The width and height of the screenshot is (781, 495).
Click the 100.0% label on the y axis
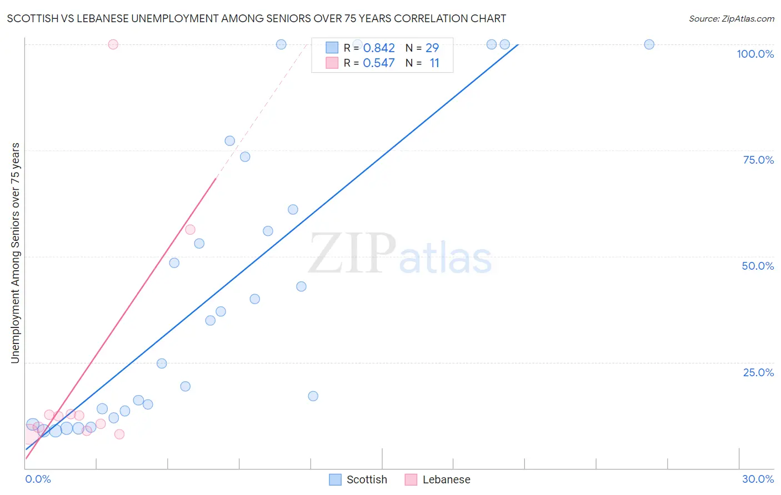point(755,54)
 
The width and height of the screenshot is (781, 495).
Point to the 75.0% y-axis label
point(758,160)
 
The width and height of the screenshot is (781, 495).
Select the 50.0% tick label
point(758,266)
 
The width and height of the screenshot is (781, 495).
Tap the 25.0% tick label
point(758,372)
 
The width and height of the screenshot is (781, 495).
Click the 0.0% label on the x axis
point(38,479)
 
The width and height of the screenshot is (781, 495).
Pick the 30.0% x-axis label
point(758,479)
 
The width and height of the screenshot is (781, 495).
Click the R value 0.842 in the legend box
point(379,48)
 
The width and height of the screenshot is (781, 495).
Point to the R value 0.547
point(379,63)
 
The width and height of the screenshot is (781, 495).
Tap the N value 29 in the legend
point(432,48)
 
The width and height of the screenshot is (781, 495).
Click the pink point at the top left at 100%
point(113,44)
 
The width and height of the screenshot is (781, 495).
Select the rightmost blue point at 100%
point(649,44)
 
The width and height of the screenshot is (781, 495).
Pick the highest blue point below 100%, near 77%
point(229,141)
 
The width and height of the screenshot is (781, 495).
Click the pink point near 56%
point(190,230)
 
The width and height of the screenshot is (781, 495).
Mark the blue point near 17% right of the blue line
point(313,396)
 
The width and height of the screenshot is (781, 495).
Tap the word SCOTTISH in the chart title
point(31,19)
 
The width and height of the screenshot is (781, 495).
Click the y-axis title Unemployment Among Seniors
point(15,253)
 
